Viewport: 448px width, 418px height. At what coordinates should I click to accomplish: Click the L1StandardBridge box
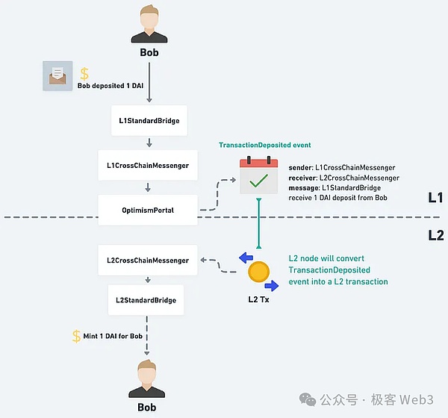[149, 121]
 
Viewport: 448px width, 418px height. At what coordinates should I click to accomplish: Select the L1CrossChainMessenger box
[148, 166]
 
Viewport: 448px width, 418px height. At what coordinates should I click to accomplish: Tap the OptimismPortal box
[148, 210]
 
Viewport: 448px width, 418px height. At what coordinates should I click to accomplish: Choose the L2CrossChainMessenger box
[148, 261]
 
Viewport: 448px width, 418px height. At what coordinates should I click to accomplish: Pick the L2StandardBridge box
[146, 300]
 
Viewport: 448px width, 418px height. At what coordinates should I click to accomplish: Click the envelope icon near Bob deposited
[57, 76]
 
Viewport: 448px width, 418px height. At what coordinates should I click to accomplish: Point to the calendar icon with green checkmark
[258, 175]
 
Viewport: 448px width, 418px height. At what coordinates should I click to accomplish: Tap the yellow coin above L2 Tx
[258, 272]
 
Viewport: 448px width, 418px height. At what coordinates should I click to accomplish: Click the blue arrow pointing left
[246, 258]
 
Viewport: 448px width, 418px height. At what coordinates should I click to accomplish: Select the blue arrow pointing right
[272, 286]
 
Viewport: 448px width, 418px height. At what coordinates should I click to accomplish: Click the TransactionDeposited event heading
[265, 145]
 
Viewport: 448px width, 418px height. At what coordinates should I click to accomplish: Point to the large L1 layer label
[435, 198]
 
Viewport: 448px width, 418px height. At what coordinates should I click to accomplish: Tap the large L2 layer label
[436, 235]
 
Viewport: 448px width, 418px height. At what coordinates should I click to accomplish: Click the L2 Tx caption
[258, 299]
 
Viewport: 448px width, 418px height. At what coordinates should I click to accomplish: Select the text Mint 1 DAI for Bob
[113, 336]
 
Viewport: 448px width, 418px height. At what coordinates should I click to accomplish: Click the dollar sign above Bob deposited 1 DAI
[84, 74]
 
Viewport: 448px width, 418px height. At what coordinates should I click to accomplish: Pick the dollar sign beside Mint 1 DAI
[76, 337]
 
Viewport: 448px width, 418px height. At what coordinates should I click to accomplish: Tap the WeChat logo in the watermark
[308, 399]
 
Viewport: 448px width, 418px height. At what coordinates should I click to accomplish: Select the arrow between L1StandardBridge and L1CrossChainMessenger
[149, 143]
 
